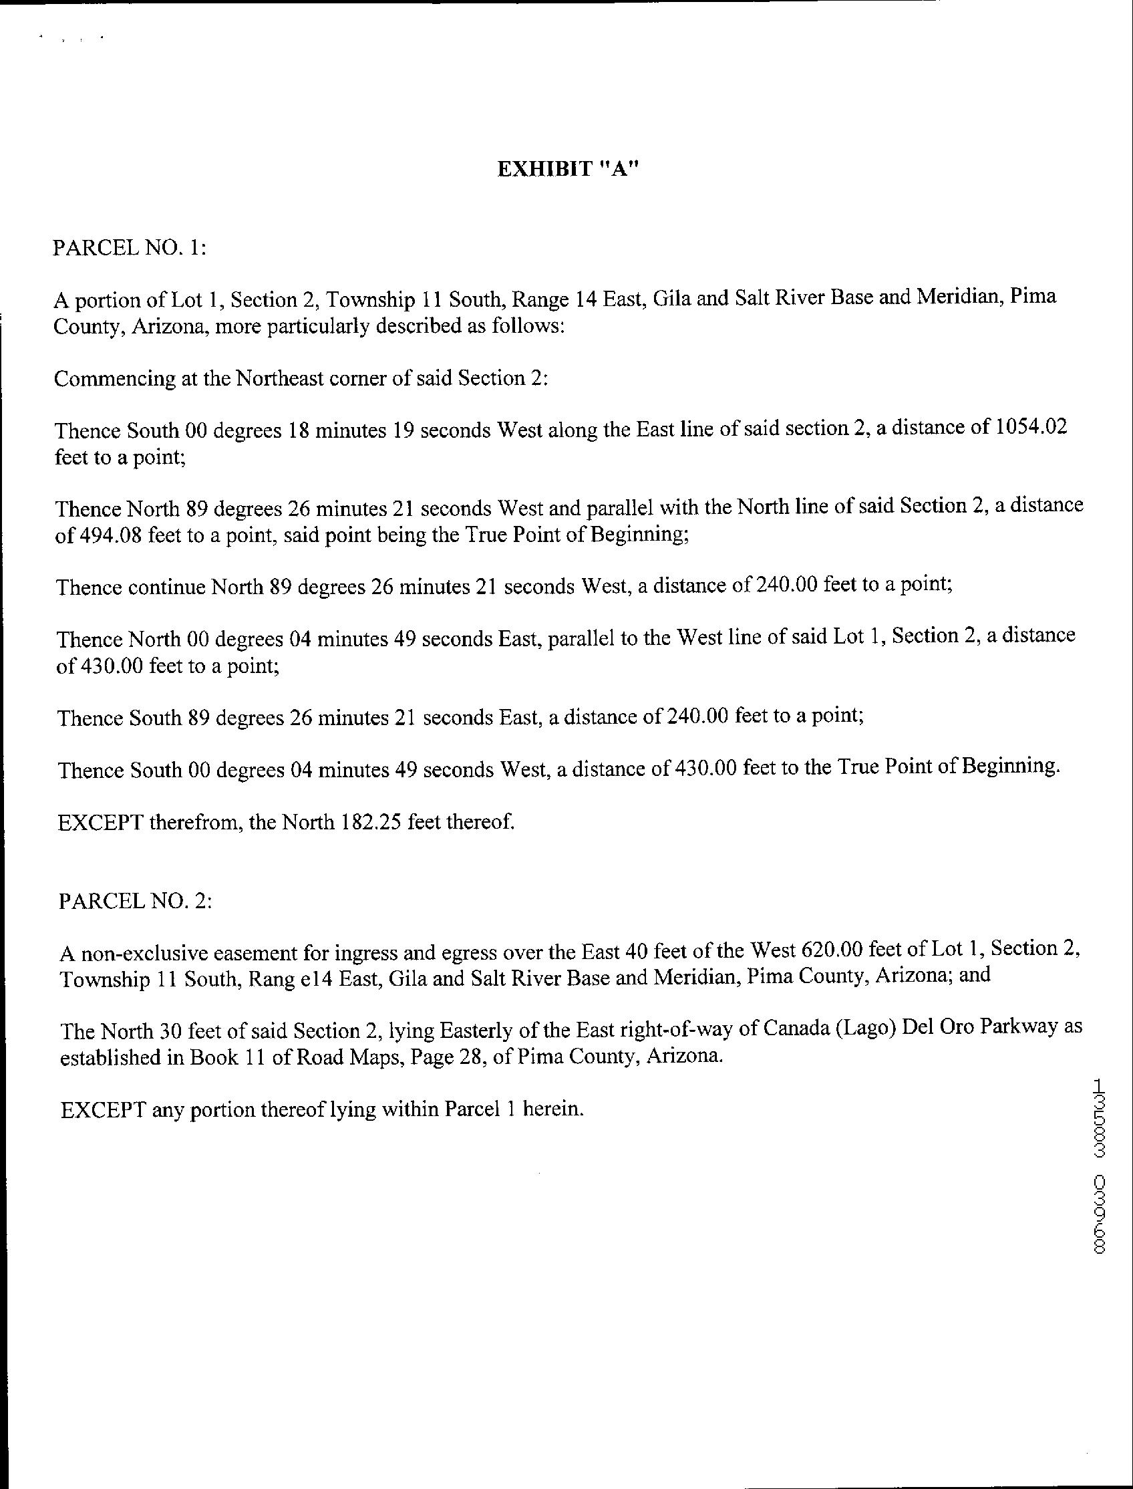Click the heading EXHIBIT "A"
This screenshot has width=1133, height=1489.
[x=566, y=169]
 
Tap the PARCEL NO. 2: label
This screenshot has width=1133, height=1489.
[x=136, y=902]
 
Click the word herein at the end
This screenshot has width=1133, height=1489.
[x=552, y=1109]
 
